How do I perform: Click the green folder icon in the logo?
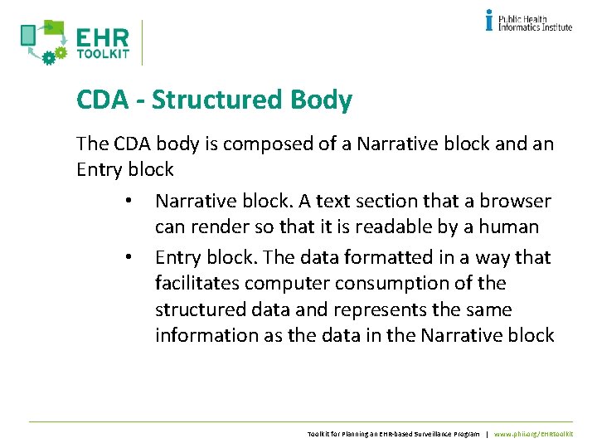click(x=54, y=28)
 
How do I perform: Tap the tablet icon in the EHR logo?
click(x=28, y=35)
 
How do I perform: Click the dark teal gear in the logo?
click(x=47, y=56)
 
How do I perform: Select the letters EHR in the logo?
click(x=102, y=39)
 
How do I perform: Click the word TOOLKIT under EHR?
click(x=102, y=56)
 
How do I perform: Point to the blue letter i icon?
click(x=489, y=20)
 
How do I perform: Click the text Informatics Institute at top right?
click(x=535, y=27)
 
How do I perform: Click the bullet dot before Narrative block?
click(x=129, y=202)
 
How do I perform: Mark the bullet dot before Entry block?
click(x=129, y=258)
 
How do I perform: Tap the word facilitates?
click(x=194, y=283)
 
